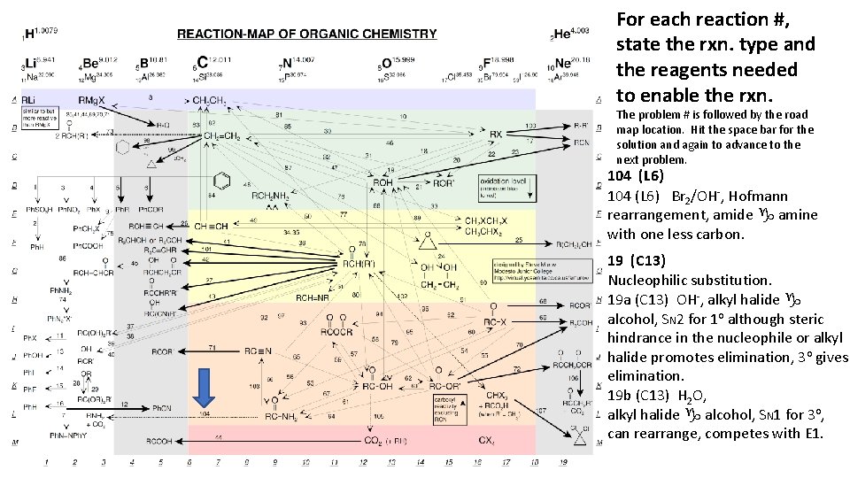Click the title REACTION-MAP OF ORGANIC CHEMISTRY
coord(306,35)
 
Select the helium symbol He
coord(564,35)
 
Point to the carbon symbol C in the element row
coord(203,62)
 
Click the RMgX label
coord(93,99)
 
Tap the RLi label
coord(29,99)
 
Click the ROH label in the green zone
coord(382,183)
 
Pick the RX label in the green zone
coord(496,135)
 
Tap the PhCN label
coord(162,406)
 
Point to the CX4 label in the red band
coord(487,440)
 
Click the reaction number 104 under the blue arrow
coord(205,414)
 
